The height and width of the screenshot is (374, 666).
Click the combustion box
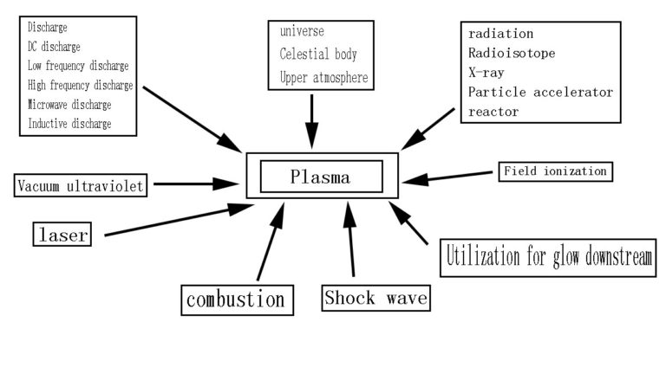point(236,300)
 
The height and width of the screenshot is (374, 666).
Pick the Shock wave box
point(376,298)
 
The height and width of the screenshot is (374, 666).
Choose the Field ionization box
point(555,171)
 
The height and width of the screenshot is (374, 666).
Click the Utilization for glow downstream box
point(549,257)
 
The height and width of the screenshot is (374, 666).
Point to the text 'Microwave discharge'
point(69,105)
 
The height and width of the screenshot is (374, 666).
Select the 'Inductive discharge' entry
point(69,124)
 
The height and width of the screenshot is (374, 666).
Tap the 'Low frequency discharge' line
point(78,66)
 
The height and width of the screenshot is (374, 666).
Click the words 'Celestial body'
point(318,55)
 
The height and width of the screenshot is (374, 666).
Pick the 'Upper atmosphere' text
point(323,78)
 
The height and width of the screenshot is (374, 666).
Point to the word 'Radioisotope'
point(512,54)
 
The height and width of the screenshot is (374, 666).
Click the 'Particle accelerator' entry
point(540,92)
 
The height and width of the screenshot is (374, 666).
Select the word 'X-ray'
point(486,73)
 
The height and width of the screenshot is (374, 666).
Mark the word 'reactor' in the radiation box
point(493,112)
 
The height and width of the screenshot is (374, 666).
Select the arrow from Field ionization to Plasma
point(451,177)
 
